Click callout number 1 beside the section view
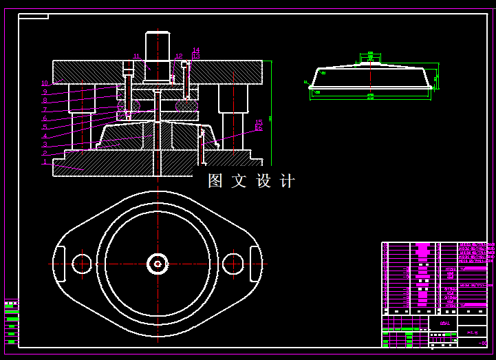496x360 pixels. [45, 162]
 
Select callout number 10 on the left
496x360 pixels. [45, 84]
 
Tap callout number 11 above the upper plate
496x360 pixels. [136, 56]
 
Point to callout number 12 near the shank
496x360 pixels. [179, 56]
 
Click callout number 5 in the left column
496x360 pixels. [45, 127]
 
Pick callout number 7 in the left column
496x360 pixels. [45, 109]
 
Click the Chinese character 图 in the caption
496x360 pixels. [216, 181]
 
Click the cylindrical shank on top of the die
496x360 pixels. [158, 46]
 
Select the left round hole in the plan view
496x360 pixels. [82, 263]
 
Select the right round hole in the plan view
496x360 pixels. [233, 263]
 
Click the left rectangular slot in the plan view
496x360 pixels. [60, 263]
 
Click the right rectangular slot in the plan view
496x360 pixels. [255, 263]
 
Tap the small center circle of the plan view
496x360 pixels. [158, 263]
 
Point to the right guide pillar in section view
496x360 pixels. [231, 110]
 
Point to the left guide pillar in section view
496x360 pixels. [82, 114]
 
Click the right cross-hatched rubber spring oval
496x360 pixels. [186, 105]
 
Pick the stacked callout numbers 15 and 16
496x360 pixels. [259, 125]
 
